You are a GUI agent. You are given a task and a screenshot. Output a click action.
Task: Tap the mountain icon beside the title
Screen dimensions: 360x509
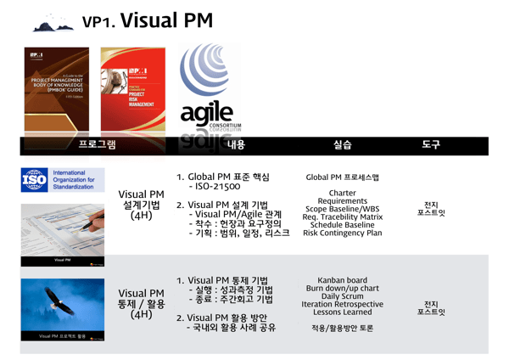tap(54, 24)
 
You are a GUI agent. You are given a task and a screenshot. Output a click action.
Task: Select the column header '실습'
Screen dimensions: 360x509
tap(342, 145)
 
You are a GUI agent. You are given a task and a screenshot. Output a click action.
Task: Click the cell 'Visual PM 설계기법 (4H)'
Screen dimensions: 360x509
tap(143, 205)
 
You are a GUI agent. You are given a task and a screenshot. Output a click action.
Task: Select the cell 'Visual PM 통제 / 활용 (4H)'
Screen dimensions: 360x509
tap(143, 303)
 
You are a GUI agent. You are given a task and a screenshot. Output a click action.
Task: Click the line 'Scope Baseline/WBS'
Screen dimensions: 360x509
tap(342, 209)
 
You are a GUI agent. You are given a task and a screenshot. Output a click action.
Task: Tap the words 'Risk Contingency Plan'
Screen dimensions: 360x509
tap(342, 233)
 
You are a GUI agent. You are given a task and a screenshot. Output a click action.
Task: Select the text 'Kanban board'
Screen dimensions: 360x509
tap(342, 279)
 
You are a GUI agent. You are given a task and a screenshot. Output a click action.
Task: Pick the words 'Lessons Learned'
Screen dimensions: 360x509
tap(342, 312)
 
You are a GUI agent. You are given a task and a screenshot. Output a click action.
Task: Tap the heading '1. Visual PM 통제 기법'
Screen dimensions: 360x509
tap(221, 280)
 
